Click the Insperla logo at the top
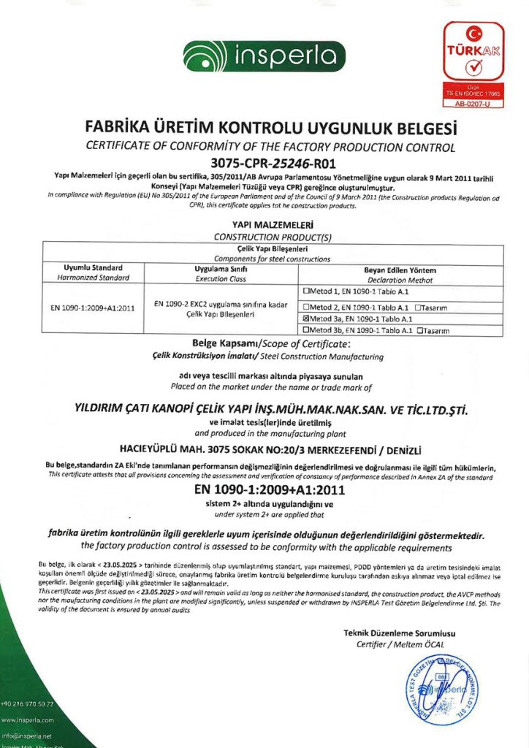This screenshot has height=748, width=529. [264, 56]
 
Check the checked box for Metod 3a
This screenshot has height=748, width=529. [305, 318]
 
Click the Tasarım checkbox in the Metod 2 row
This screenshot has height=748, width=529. [416, 305]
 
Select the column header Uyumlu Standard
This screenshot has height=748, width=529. [88, 268]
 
